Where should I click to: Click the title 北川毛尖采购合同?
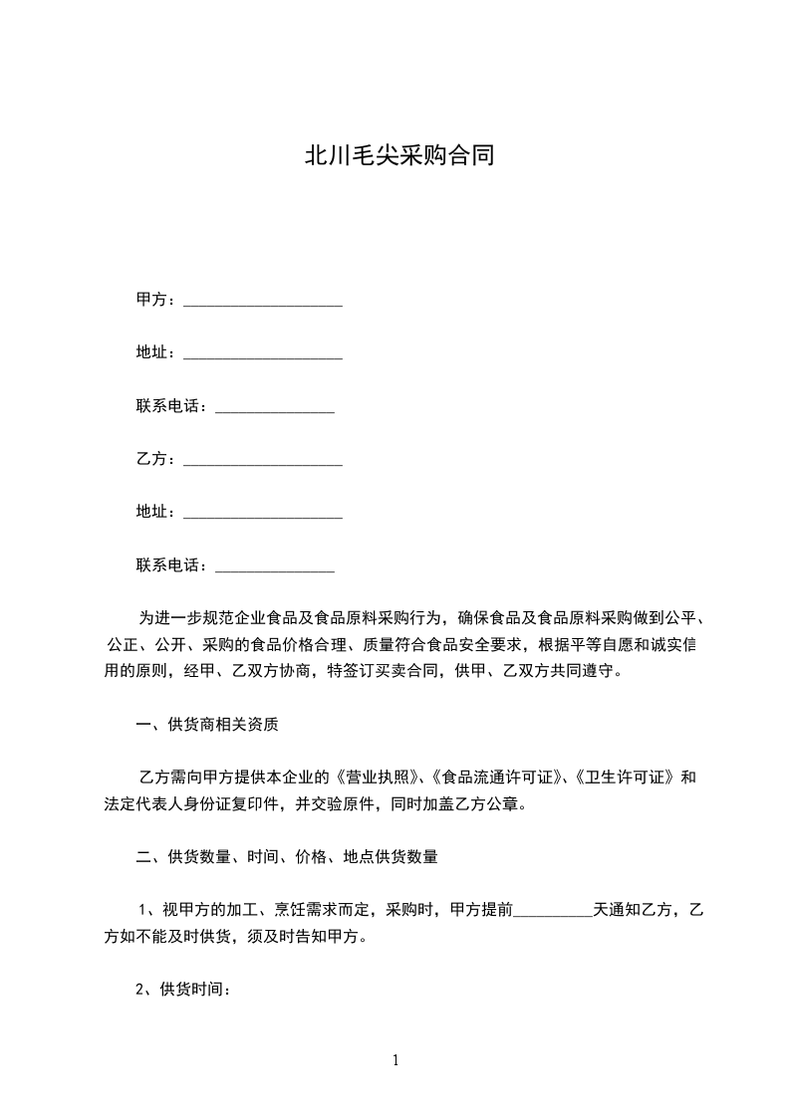tap(398, 156)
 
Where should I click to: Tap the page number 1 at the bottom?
tap(395, 1060)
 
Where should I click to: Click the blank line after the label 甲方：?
tap(263, 302)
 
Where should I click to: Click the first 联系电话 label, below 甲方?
tap(171, 406)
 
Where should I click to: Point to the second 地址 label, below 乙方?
tap(156, 512)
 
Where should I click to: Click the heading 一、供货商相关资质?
tap(207, 725)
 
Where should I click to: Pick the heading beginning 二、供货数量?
tap(288, 856)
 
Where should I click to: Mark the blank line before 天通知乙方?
tap(553, 910)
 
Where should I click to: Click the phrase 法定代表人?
tap(144, 803)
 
